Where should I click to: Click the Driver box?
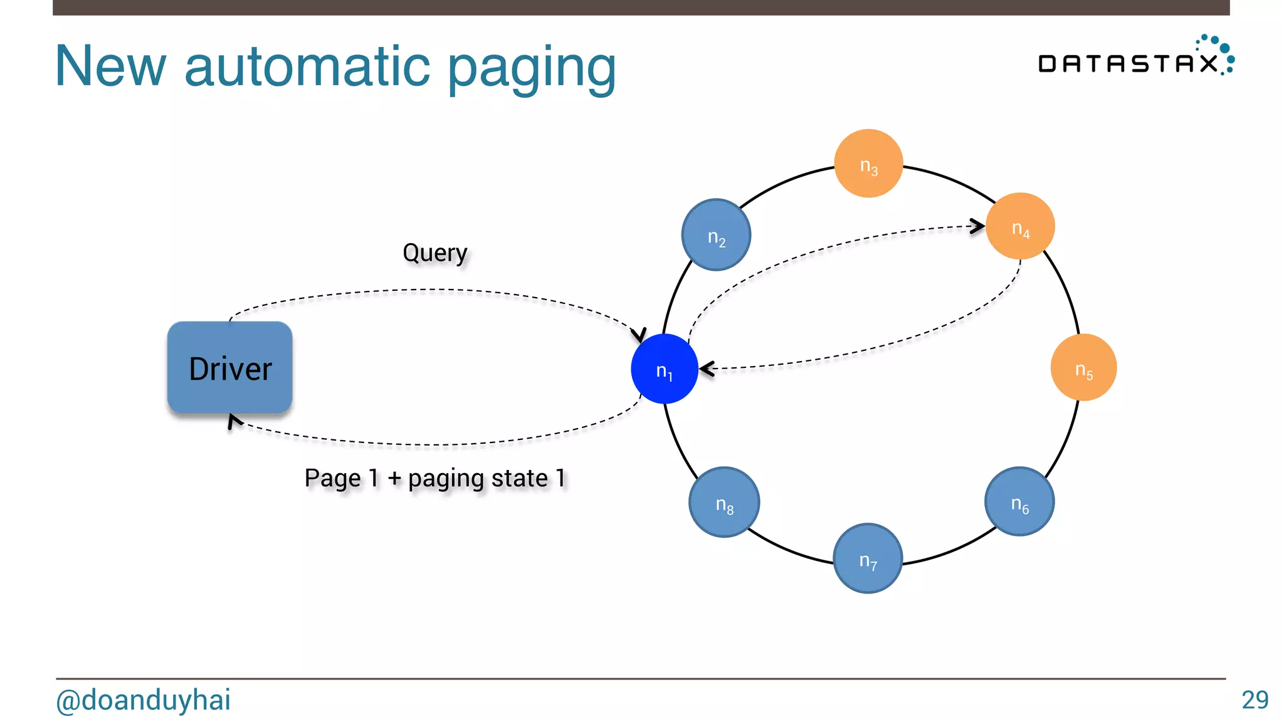coord(229,368)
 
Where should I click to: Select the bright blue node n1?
coord(664,369)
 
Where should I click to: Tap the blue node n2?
coord(716,235)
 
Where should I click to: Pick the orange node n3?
coord(868,164)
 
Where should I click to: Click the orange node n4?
coord(1020,226)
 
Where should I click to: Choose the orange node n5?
coord(1083,368)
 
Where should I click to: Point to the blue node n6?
coord(1019,501)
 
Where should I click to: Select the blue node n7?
coord(868,558)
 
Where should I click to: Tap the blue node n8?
coord(724,502)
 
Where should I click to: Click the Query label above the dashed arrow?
coord(434,253)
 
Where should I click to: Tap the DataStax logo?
coord(1135,58)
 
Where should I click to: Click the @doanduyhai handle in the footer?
coord(144,700)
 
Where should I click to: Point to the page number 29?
coord(1255,700)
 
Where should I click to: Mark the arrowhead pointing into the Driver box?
coord(233,420)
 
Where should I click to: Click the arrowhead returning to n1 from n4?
coord(706,369)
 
